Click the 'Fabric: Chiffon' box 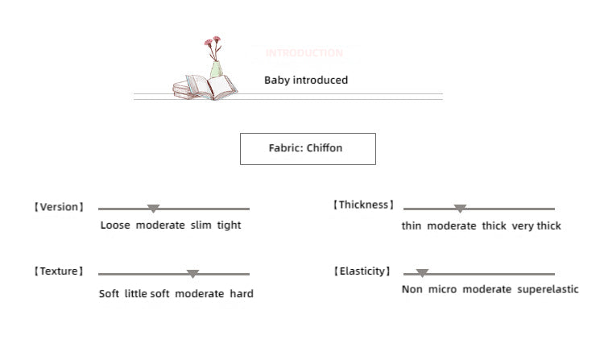(308, 149)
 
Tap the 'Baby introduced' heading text (306, 81)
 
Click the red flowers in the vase (213, 43)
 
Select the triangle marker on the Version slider (153, 209)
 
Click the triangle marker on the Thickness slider (460, 209)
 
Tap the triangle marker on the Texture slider (192, 274)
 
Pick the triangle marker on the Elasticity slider (422, 274)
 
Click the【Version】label (59, 207)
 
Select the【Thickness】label (364, 205)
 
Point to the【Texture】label (59, 271)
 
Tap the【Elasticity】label (362, 271)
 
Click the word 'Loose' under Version (115, 226)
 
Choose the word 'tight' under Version (229, 226)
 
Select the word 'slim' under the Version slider (201, 226)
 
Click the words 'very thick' (536, 226)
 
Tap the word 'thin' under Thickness (412, 226)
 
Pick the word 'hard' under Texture (242, 294)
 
